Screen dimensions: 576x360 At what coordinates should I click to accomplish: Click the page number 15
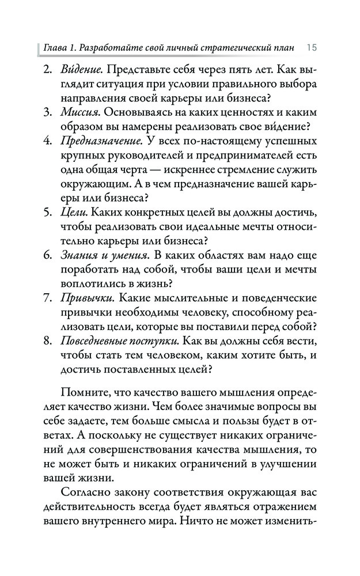pos(312,47)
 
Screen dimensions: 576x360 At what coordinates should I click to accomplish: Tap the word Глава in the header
pos(55,47)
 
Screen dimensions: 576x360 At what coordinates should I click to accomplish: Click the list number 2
pos(47,70)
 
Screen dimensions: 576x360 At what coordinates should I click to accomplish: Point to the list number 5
pos(47,213)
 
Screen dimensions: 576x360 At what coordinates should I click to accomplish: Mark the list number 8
pos(47,342)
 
